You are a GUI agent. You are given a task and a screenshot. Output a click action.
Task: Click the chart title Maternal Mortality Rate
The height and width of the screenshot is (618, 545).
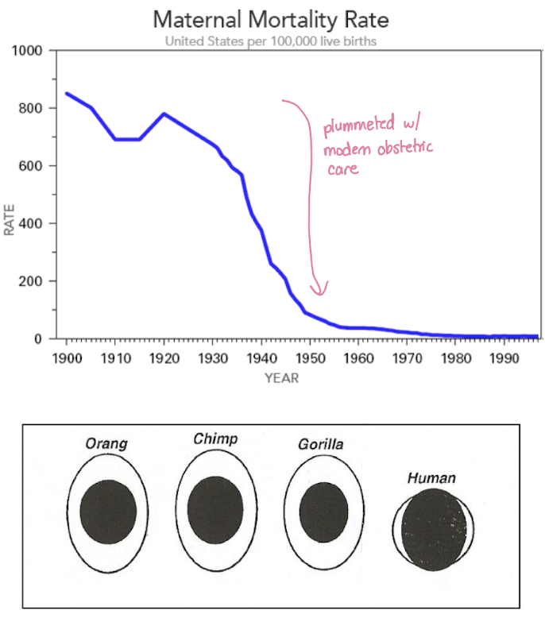tap(271, 19)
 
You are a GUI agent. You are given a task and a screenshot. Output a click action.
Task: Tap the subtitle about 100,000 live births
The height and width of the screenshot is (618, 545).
tap(271, 41)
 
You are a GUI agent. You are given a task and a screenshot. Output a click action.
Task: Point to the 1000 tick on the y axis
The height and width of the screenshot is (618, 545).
tap(29, 51)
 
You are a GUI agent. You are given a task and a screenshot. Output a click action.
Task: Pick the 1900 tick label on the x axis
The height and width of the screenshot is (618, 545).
tap(67, 357)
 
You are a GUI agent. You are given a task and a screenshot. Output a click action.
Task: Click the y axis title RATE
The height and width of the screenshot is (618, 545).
tap(10, 219)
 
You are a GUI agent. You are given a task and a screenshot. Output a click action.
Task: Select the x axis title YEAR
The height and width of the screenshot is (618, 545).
tap(281, 378)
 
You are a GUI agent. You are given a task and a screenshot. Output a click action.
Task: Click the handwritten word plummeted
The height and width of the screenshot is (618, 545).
tap(354, 126)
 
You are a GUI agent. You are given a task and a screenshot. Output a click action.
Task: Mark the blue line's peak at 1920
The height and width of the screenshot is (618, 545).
tap(164, 114)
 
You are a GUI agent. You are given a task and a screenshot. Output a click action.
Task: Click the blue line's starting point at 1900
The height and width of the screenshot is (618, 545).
tap(67, 94)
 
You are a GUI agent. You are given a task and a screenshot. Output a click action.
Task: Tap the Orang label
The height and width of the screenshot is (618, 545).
tap(106, 443)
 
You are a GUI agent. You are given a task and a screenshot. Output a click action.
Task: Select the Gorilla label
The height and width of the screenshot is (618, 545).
tap(321, 444)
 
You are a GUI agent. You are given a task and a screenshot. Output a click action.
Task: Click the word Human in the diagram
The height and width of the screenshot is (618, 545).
tap(431, 478)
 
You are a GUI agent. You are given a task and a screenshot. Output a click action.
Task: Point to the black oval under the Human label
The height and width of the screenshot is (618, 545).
tap(433, 531)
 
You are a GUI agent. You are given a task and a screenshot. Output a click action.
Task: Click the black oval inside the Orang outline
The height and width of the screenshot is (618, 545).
tap(106, 512)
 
